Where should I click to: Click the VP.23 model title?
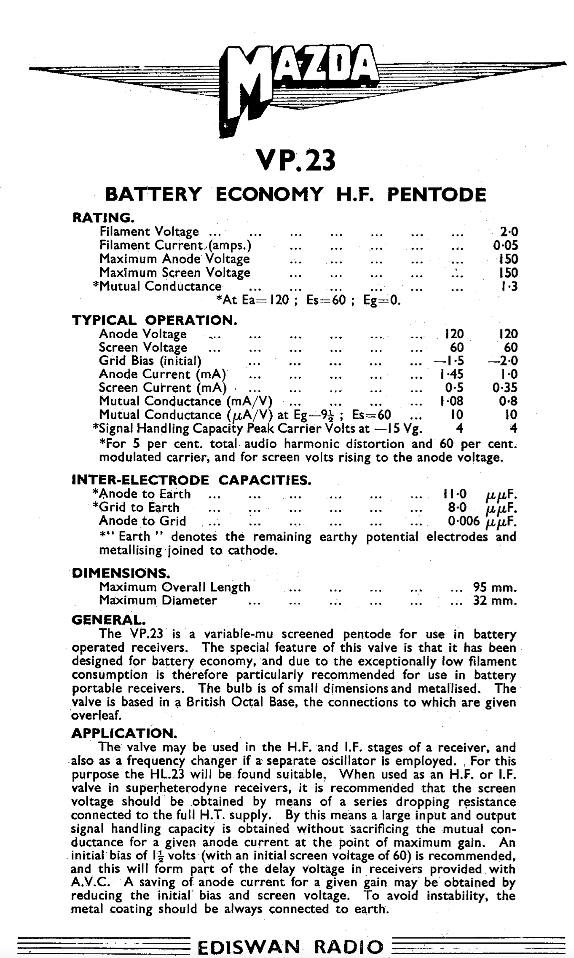click(x=296, y=161)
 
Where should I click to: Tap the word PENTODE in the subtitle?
click(x=436, y=195)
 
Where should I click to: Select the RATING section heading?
click(x=103, y=218)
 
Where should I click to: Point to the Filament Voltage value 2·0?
click(x=509, y=232)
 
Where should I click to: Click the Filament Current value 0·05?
click(x=506, y=245)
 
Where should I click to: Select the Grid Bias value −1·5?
click(x=449, y=361)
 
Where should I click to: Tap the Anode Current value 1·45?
click(x=451, y=375)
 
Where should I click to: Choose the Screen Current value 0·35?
click(x=505, y=388)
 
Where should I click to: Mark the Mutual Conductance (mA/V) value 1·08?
click(x=451, y=401)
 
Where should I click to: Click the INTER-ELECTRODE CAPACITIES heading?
click(x=191, y=480)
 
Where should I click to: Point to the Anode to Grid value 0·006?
click(x=464, y=522)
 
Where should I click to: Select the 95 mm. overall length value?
click(x=494, y=587)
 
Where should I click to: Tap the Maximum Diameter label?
click(x=158, y=601)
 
